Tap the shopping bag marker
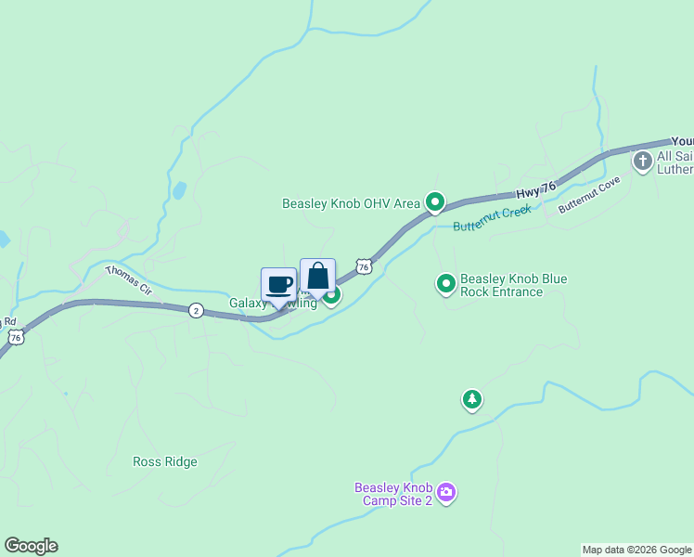317,276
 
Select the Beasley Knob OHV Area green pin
434,201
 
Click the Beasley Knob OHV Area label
352,202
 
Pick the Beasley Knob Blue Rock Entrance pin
446,284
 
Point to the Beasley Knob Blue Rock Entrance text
514,285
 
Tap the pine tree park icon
472,400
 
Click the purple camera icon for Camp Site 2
446,492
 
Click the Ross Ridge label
165,461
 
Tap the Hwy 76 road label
535,189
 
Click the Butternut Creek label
492,219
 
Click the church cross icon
642,162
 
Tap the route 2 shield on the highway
196,310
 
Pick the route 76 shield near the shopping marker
365,267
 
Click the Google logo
31,546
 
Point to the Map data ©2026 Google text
636,550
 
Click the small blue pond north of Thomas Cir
178,191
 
